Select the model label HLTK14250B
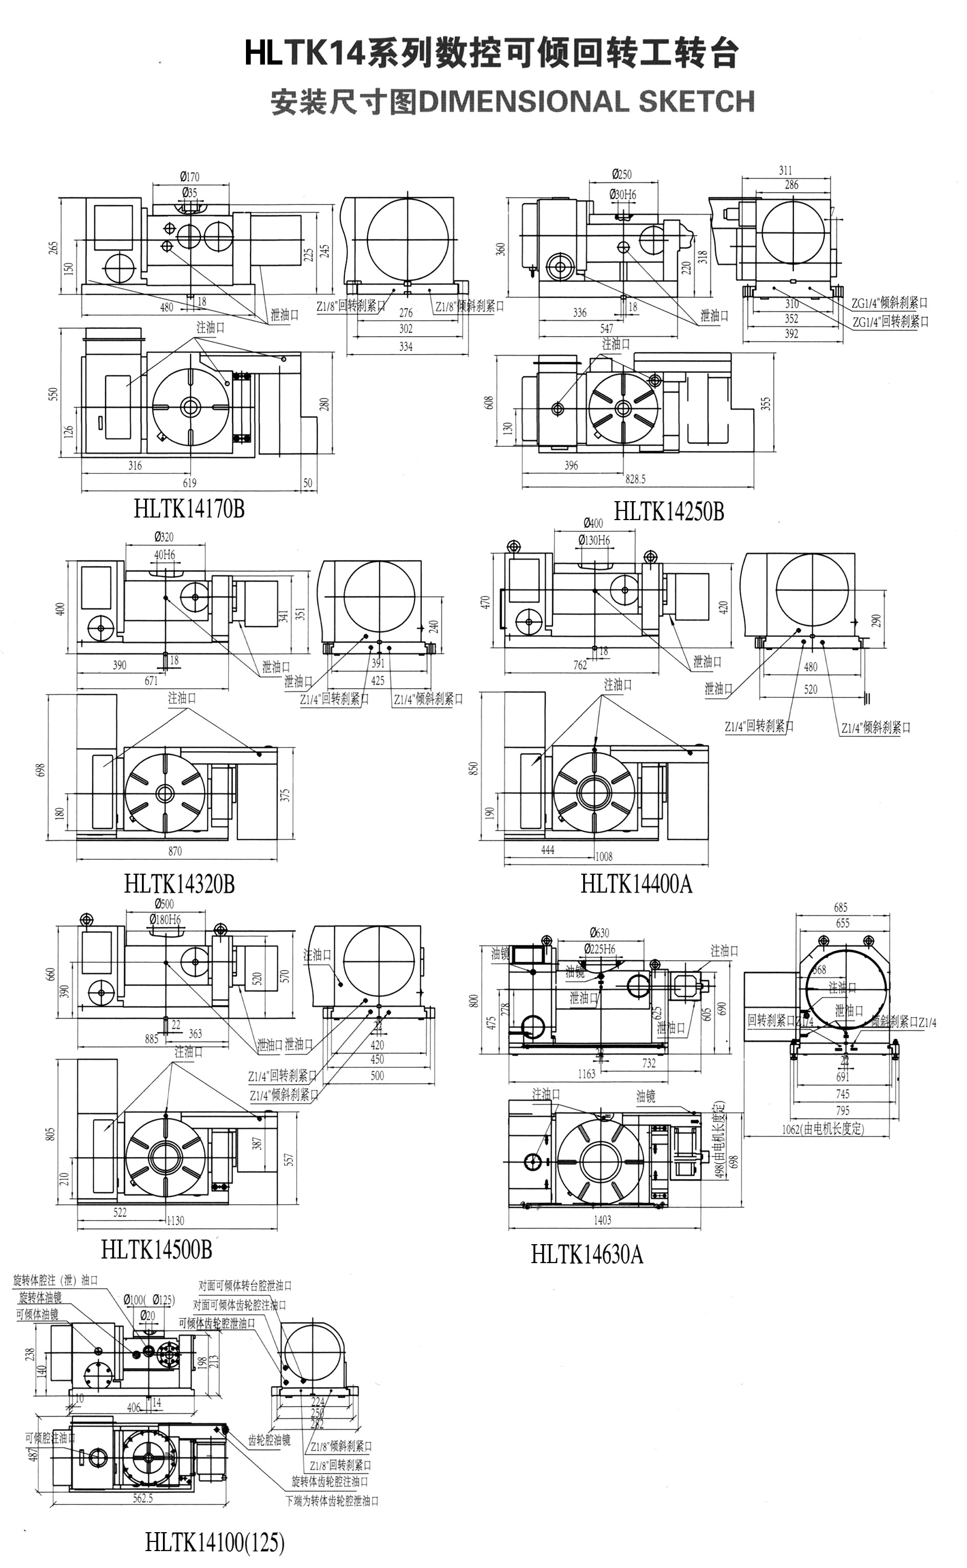[x=669, y=511]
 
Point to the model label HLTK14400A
[x=636, y=884]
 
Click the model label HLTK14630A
[x=586, y=1254]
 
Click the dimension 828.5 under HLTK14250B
[x=635, y=478]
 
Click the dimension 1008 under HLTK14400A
[x=604, y=856]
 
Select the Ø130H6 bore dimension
[x=594, y=541]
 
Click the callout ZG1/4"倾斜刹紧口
[x=889, y=303]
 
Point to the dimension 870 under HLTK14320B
[x=175, y=851]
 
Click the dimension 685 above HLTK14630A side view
[x=841, y=907]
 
